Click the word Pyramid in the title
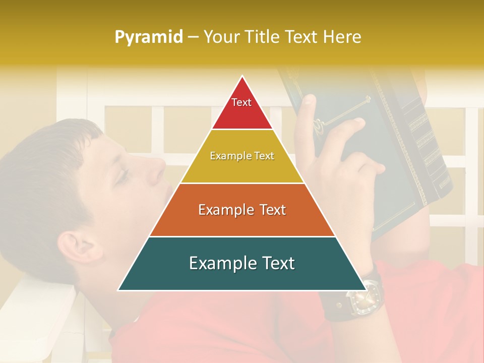(x=148, y=37)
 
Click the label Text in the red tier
(x=241, y=102)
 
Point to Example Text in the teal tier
(x=242, y=263)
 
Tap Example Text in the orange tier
(x=242, y=209)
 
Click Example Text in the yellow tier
(x=242, y=156)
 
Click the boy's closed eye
(x=121, y=176)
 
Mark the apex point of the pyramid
(x=243, y=76)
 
